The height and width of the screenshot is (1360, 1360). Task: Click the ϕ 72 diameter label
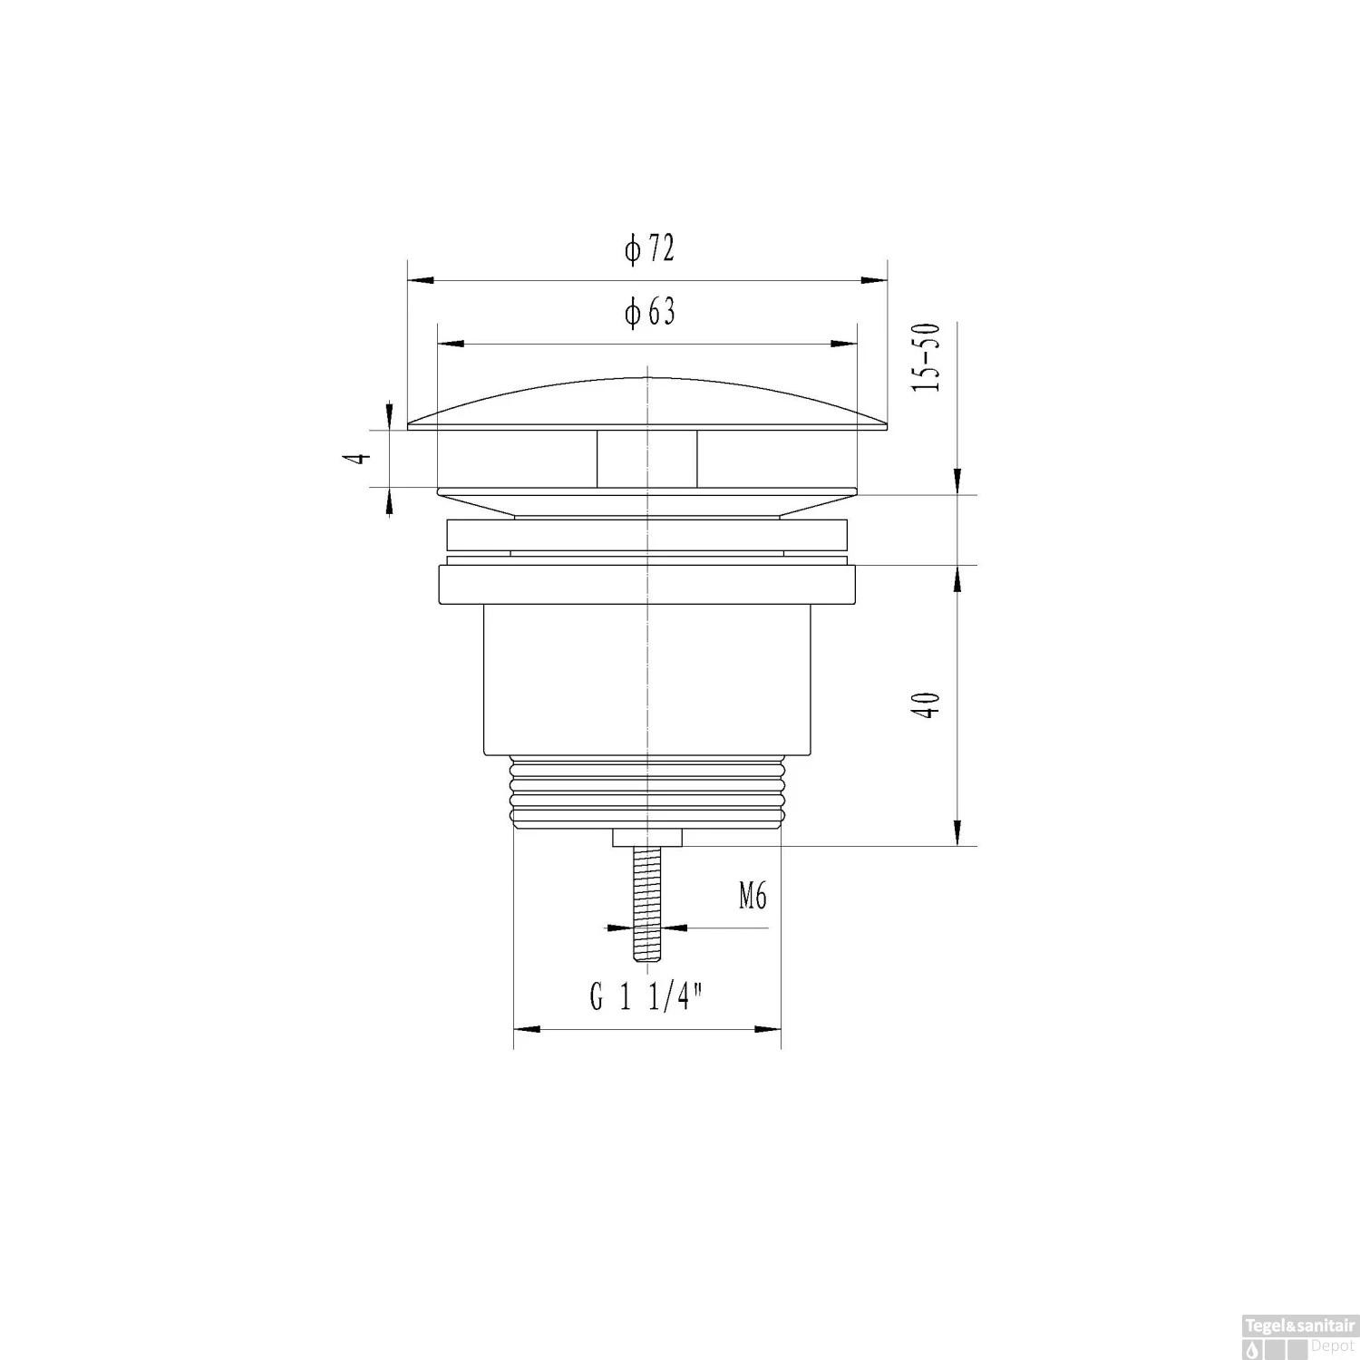[x=649, y=248]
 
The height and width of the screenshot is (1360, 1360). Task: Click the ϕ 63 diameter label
[x=649, y=312]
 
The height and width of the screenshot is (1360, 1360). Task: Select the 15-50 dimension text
[x=928, y=357]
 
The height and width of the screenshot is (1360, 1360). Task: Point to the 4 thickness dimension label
[x=362, y=458]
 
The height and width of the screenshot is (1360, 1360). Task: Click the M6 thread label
[x=753, y=897]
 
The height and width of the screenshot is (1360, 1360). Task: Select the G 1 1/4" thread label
[x=647, y=998]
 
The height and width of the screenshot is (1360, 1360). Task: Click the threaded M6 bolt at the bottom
[x=646, y=904]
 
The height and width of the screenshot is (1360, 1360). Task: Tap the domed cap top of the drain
[x=647, y=403]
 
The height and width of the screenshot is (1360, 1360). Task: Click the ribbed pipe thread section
[x=646, y=792]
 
